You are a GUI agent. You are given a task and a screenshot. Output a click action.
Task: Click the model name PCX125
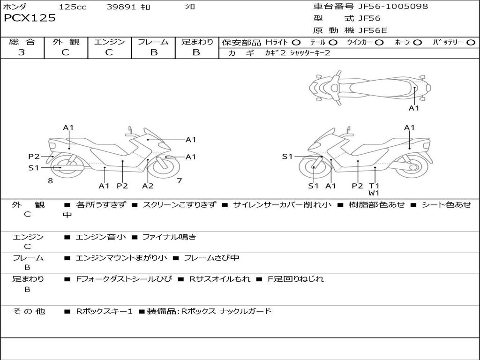pyautogui.click(x=30, y=18)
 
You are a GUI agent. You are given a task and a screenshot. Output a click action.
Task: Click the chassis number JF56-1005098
pyautogui.click(x=393, y=6)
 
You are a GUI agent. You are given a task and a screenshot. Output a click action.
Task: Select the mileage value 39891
pyautogui.click(x=121, y=7)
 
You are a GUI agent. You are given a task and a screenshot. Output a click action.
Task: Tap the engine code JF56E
pyautogui.click(x=373, y=30)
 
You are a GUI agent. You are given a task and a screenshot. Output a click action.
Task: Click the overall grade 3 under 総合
pyautogui.click(x=22, y=52)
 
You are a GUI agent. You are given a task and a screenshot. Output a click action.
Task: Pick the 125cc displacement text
pyautogui.click(x=73, y=7)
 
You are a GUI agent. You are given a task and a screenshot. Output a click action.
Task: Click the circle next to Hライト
pyautogui.click(x=296, y=43)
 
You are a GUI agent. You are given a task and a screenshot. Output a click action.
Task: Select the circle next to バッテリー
pyautogui.click(x=471, y=43)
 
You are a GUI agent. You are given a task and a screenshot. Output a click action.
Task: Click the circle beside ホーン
pyautogui.click(x=418, y=43)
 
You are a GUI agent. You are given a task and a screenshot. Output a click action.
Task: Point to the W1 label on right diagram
pyautogui.click(x=374, y=193)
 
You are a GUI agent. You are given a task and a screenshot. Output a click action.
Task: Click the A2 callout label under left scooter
pyautogui.click(x=148, y=186)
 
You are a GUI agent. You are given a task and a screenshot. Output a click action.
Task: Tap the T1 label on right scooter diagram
pyautogui.click(x=374, y=186)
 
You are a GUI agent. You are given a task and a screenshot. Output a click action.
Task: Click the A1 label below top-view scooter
pyautogui.click(x=414, y=108)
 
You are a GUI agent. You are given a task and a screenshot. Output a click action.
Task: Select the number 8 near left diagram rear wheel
pyautogui.click(x=51, y=180)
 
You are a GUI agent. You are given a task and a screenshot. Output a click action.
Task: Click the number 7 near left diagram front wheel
pyautogui.click(x=180, y=180)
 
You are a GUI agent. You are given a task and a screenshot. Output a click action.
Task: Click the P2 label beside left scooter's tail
pyautogui.click(x=34, y=157)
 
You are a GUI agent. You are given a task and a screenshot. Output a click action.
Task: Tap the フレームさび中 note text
pyautogui.click(x=211, y=258)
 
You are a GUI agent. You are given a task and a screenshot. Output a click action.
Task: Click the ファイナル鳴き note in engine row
pyautogui.click(x=169, y=237)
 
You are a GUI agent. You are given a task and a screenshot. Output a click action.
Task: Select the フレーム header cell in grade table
pyautogui.click(x=153, y=42)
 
